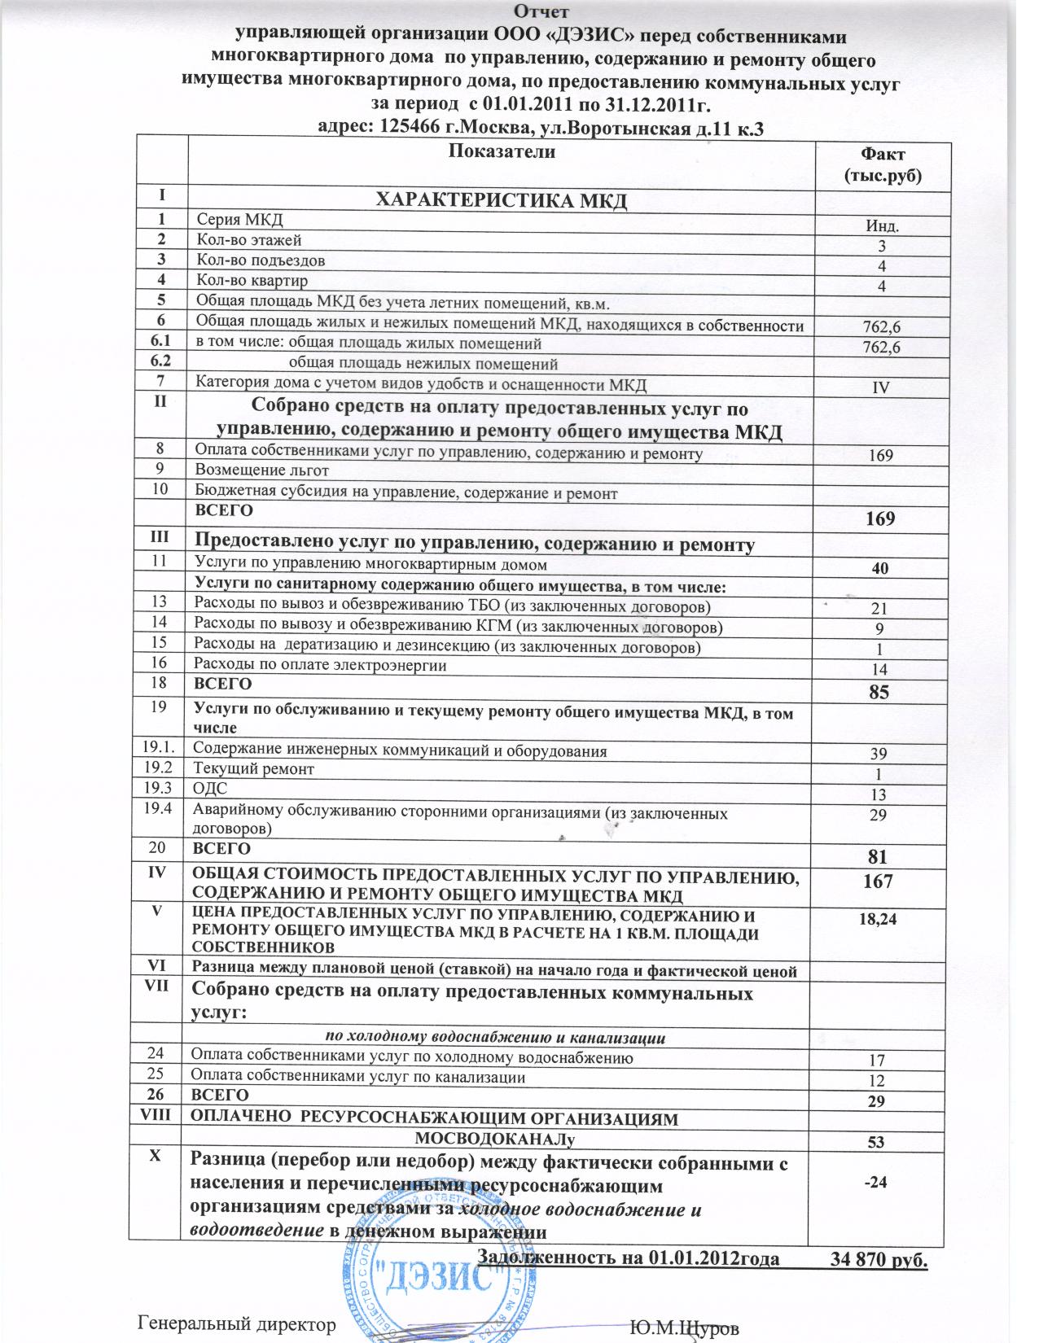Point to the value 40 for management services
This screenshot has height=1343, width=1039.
click(x=880, y=568)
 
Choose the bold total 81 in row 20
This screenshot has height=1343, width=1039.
click(x=879, y=856)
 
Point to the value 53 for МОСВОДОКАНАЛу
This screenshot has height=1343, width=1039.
click(x=876, y=1141)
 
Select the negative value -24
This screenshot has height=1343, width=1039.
click(x=875, y=1182)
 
